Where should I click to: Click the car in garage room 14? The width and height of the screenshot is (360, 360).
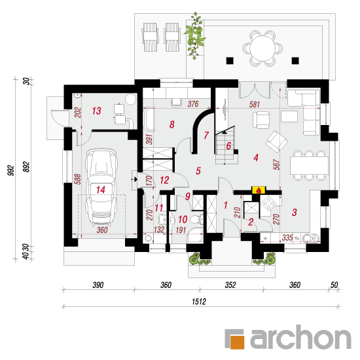coord(101,187)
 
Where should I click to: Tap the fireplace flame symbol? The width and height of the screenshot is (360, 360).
coord(259,190)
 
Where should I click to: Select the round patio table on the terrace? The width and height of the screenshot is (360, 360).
coord(262,48)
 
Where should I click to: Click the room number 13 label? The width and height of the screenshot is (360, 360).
coord(96,111)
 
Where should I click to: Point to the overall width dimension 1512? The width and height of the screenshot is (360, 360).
coord(199,301)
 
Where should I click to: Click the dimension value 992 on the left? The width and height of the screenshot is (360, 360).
coord(11,170)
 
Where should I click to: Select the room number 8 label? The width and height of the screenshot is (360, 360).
coord(171,124)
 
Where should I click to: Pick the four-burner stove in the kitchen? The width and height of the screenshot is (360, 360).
coord(268,203)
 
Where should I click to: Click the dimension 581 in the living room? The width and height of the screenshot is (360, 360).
coord(255,105)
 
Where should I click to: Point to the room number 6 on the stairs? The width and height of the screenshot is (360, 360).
coord(228,146)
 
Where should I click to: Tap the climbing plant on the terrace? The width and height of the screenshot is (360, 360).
coord(195,35)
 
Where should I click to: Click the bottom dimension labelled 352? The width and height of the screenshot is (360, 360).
coord(230,285)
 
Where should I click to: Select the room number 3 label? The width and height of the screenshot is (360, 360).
coord(295,212)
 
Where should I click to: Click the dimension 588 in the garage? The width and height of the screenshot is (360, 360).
coord(78,179)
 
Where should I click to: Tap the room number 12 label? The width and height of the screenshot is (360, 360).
coord(164,180)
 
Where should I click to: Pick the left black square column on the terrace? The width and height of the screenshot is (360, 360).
coord(230,61)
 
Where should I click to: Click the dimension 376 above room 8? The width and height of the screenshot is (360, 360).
coord(193,104)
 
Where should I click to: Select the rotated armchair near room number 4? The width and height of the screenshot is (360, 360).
coord(277,141)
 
